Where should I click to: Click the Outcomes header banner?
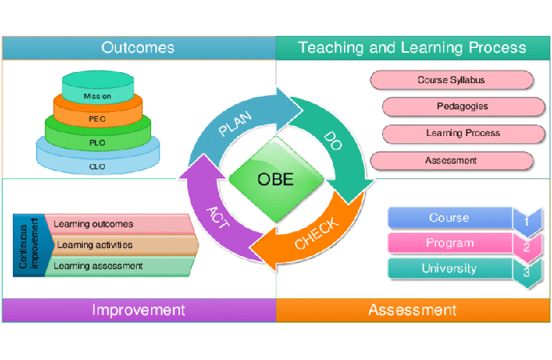138,48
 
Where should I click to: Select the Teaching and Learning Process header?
412,48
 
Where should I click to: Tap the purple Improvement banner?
138,310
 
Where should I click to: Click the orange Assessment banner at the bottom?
412,310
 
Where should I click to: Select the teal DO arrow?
336,140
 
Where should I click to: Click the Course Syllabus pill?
451,80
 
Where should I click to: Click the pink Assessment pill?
451,160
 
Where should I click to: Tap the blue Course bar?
450,218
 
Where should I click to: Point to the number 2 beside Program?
526,246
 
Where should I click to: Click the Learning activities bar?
120,245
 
